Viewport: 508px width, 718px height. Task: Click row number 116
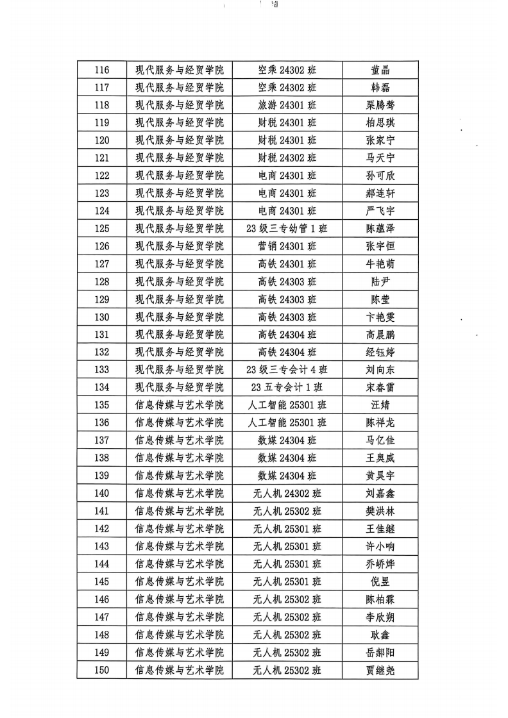point(101,70)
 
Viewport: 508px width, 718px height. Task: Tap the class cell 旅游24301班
point(287,105)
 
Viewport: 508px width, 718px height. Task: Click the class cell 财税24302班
point(287,158)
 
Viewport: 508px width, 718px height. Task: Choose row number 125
point(101,228)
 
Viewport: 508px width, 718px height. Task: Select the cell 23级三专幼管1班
point(287,228)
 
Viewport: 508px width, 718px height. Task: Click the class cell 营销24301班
point(287,246)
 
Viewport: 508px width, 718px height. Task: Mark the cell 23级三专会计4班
point(287,369)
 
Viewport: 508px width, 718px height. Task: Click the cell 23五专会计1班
point(287,387)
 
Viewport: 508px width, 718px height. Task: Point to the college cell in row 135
point(179,405)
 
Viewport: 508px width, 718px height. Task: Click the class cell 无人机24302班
point(287,493)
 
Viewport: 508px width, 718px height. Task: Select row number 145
point(101,581)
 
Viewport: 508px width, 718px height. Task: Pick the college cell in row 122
point(179,176)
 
